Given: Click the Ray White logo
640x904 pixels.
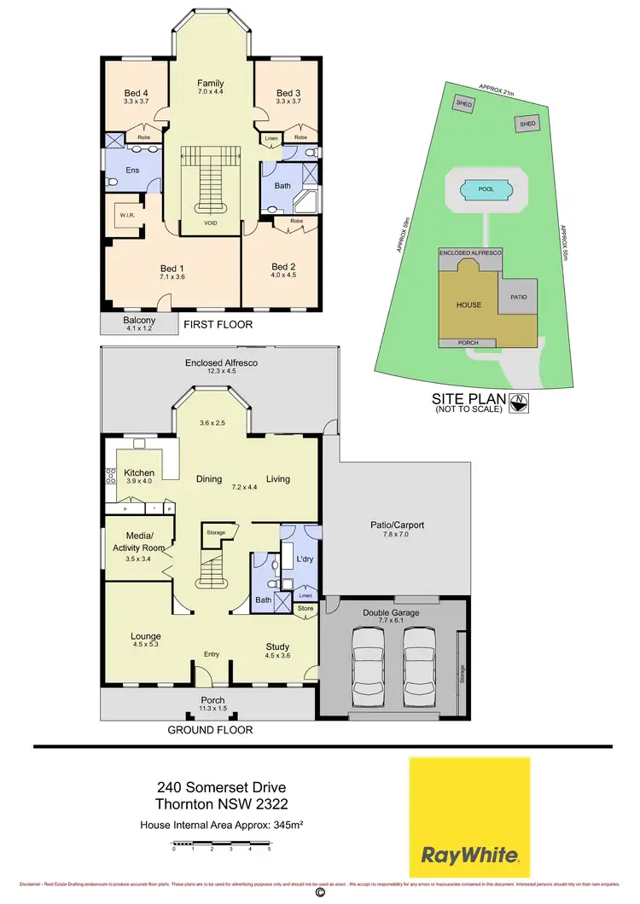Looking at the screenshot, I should (468, 817).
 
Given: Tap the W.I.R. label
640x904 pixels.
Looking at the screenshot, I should (124, 215).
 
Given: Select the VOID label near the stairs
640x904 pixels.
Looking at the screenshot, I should (211, 223).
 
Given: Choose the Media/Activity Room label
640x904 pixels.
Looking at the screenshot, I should (137, 542).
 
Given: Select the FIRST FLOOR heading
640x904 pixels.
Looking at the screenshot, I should (218, 324).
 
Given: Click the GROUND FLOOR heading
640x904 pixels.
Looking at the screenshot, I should (210, 730).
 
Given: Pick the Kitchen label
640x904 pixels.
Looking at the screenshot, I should (139, 472).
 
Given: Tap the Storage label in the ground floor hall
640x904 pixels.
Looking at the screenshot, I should (216, 532).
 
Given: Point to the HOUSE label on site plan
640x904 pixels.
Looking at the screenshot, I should (468, 304).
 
